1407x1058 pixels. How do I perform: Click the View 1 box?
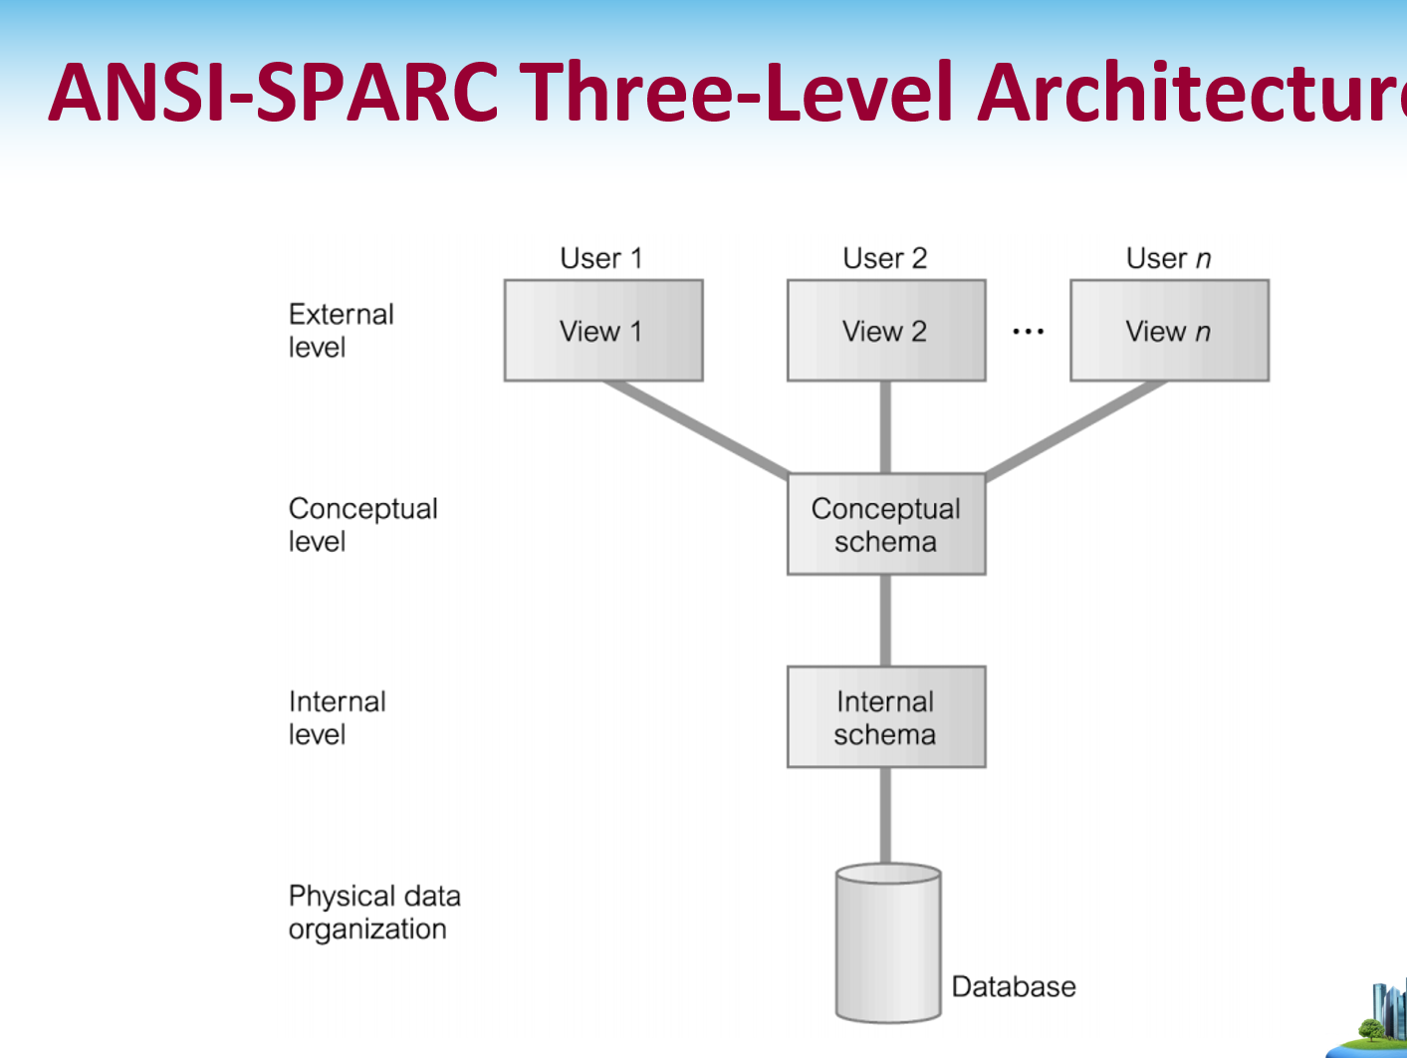603,330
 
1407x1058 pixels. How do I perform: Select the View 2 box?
886,330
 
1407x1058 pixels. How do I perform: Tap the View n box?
1169,330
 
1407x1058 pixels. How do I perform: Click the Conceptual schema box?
886,524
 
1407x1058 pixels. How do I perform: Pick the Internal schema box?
886,717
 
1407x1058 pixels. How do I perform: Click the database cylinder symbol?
888,942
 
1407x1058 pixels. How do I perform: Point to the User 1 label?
601,258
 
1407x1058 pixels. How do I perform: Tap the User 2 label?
885,258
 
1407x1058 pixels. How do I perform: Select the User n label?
1168,258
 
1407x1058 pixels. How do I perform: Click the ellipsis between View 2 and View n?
1028,332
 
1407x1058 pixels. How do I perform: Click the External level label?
341,330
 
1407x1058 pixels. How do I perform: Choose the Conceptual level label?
362,524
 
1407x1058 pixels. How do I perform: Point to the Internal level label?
337,717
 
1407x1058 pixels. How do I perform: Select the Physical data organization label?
374,912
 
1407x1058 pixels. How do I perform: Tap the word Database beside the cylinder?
1014,986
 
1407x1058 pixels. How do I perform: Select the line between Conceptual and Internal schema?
885,621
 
